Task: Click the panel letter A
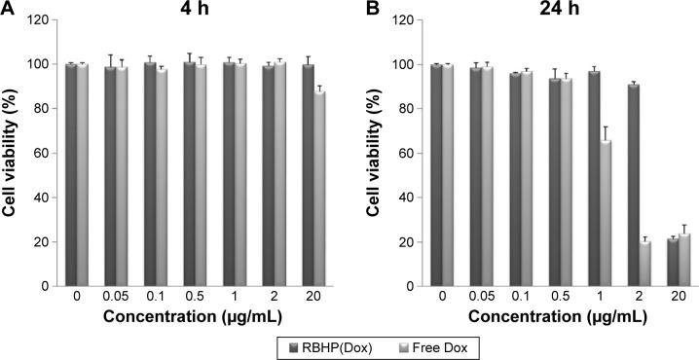8,9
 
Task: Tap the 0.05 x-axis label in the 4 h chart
115,302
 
